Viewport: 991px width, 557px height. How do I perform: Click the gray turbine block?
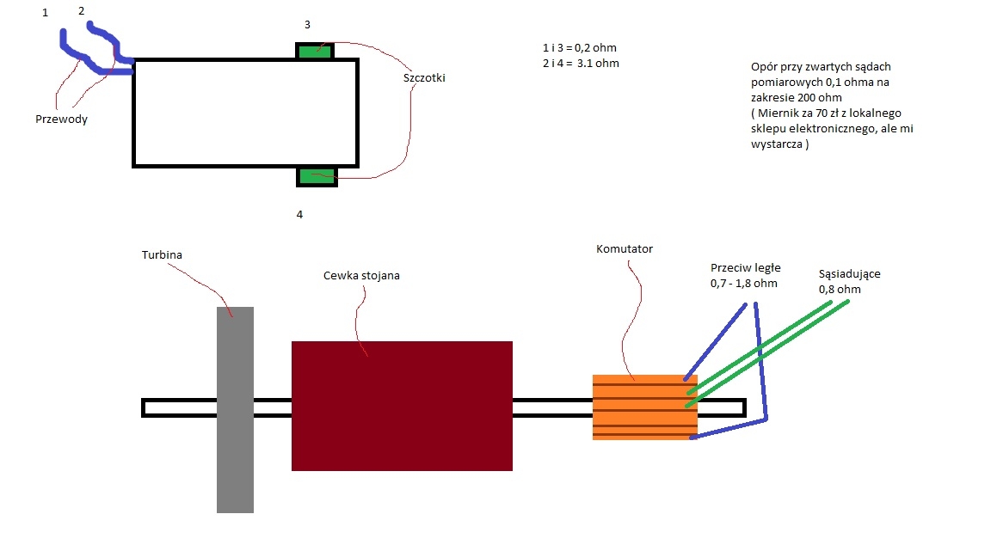point(235,410)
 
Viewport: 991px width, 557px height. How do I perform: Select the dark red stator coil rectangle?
point(402,406)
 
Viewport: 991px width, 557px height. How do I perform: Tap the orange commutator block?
point(644,407)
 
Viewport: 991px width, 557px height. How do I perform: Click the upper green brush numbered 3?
point(315,51)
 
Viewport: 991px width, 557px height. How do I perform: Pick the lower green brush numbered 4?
point(317,177)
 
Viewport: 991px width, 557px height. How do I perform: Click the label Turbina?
point(162,255)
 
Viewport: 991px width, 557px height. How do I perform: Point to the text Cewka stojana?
point(361,276)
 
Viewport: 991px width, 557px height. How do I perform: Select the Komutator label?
point(625,248)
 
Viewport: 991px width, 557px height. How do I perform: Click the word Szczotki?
point(424,77)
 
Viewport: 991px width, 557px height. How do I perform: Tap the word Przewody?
point(61,119)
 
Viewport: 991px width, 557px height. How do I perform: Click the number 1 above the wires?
point(45,13)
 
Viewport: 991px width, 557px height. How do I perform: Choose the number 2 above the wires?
point(81,10)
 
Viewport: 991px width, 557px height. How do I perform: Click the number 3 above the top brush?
point(307,25)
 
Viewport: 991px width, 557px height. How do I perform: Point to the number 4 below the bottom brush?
point(299,215)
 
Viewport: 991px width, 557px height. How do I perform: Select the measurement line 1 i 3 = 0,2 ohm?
point(580,48)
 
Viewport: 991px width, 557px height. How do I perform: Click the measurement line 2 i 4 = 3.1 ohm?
point(581,63)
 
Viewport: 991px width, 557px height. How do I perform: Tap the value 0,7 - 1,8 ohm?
point(744,284)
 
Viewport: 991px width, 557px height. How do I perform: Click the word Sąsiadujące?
point(849,274)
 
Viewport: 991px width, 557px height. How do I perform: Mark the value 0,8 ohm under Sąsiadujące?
point(840,289)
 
